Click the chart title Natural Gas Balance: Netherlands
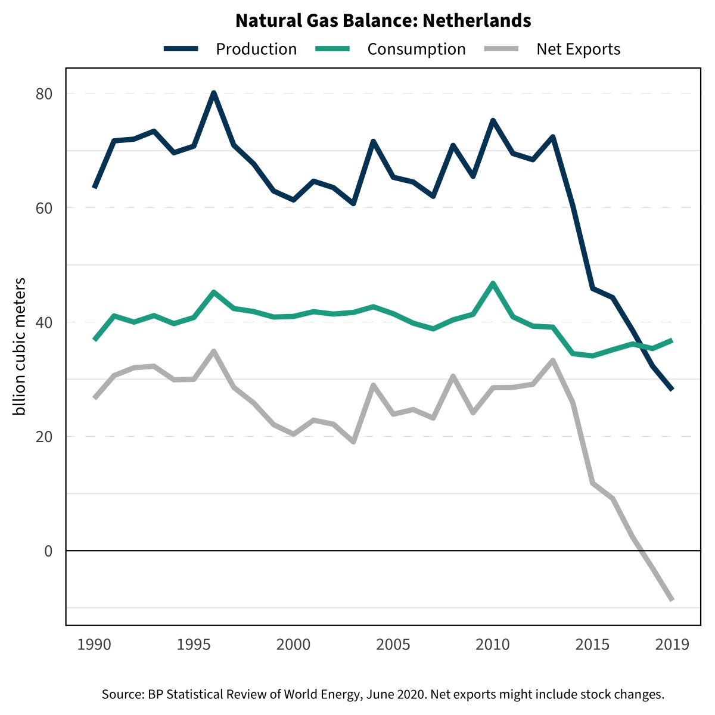click(x=383, y=21)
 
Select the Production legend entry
click(x=256, y=49)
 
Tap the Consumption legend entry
click(x=416, y=49)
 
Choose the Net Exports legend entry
click(x=578, y=49)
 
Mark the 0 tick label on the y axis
click(x=48, y=551)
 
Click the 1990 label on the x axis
click(x=95, y=645)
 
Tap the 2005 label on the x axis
click(x=393, y=645)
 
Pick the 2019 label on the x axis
click(x=672, y=645)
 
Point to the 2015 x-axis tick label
click(x=592, y=645)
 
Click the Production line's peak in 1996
click(x=214, y=93)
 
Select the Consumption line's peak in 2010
click(x=493, y=283)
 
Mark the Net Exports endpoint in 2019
click(x=672, y=599)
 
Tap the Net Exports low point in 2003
click(x=353, y=442)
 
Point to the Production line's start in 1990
click(x=95, y=187)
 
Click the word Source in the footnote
click(x=122, y=694)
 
